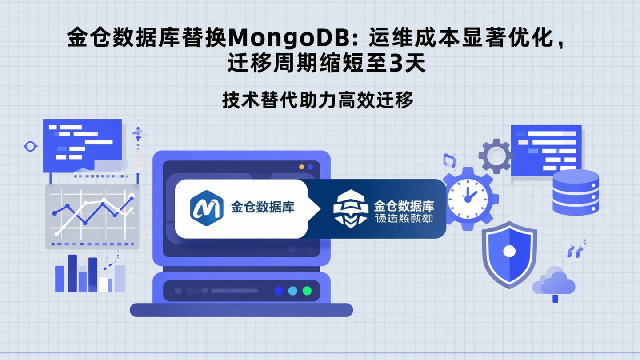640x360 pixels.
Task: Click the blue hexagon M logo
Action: click(207, 208)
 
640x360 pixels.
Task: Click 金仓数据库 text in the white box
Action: click(262, 207)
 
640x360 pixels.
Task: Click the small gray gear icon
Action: click(496, 156)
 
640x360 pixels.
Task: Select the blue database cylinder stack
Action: click(576, 192)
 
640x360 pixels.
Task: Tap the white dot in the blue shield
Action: click(509, 252)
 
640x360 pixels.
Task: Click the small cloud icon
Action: click(554, 282)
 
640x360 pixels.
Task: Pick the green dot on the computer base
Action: click(307, 291)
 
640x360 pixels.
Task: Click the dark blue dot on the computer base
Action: click(279, 291)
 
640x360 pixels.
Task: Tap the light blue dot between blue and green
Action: click(292, 291)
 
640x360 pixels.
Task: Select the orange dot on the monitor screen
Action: click(302, 167)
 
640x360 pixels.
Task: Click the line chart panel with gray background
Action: click(92, 217)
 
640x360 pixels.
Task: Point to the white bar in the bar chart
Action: click(104, 284)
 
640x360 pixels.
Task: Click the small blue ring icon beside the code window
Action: click(30, 146)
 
